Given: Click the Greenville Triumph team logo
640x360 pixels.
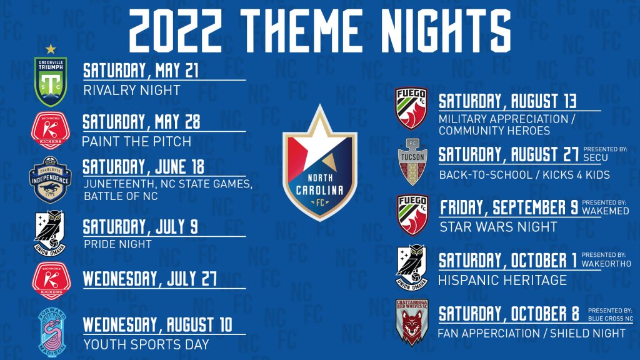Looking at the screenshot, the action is click(x=51, y=82).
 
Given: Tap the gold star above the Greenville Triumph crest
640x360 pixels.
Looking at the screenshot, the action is click(x=51, y=49).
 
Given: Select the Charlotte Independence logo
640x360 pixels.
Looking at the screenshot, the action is click(x=50, y=179).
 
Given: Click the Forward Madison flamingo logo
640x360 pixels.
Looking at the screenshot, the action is click(x=52, y=332).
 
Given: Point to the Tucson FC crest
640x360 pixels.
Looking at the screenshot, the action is click(x=412, y=162).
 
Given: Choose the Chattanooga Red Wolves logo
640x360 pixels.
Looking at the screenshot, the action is click(x=412, y=322).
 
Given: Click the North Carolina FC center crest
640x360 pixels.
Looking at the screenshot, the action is click(x=319, y=163).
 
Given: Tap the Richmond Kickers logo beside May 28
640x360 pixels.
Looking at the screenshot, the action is click(x=51, y=131).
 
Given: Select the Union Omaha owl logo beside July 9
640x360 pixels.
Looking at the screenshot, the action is click(x=50, y=233).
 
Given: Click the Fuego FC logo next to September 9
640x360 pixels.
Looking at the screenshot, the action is click(x=412, y=215).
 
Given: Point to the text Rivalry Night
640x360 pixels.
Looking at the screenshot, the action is click(x=132, y=90).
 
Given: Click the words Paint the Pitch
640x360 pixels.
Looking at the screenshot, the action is click(x=137, y=142).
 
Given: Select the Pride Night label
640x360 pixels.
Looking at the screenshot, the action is click(x=117, y=244).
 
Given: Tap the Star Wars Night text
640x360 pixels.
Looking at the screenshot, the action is click(x=498, y=227).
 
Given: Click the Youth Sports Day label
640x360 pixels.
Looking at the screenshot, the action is click(x=146, y=344).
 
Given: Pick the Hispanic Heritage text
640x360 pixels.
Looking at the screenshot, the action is click(x=502, y=281).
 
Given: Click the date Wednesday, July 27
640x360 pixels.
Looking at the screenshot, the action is click(x=150, y=279).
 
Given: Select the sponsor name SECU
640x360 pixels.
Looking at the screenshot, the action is click(x=596, y=157).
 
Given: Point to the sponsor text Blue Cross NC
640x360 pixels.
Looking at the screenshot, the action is click(x=611, y=318).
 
